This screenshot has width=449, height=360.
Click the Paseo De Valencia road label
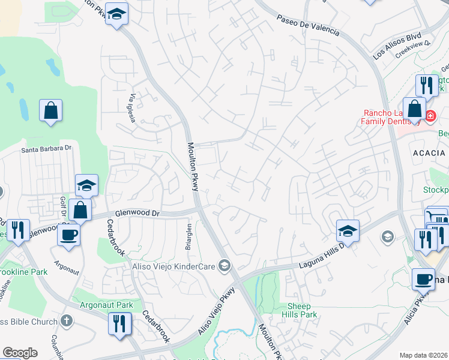point(308,25)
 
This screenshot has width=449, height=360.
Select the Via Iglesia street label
point(131,107)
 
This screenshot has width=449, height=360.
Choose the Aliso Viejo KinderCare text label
point(173,265)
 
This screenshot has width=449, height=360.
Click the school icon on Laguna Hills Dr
point(348,230)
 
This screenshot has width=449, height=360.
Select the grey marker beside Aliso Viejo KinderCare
point(224,265)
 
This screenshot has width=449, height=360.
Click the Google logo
point(20,353)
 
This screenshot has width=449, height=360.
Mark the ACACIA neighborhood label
point(429,153)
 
